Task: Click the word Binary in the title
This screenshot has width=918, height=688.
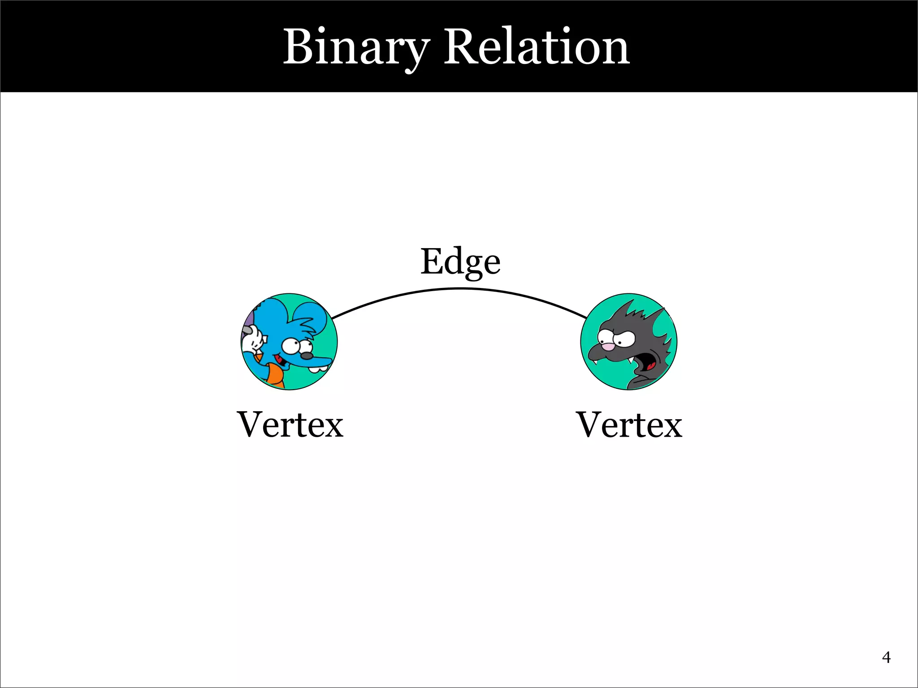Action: coord(356,47)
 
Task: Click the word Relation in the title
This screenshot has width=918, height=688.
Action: coord(537,47)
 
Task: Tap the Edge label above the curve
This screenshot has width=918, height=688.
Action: coord(460,262)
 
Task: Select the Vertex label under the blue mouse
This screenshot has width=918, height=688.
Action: coord(290,425)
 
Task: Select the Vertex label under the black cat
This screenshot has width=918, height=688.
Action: coord(629,425)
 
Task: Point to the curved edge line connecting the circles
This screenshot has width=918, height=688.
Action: coord(460,289)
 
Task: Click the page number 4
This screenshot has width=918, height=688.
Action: coord(886,657)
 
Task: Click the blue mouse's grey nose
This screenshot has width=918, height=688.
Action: coord(306,356)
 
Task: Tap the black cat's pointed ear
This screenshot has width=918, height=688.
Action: coord(657,318)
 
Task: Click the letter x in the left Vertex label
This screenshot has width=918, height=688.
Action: coord(333,426)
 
